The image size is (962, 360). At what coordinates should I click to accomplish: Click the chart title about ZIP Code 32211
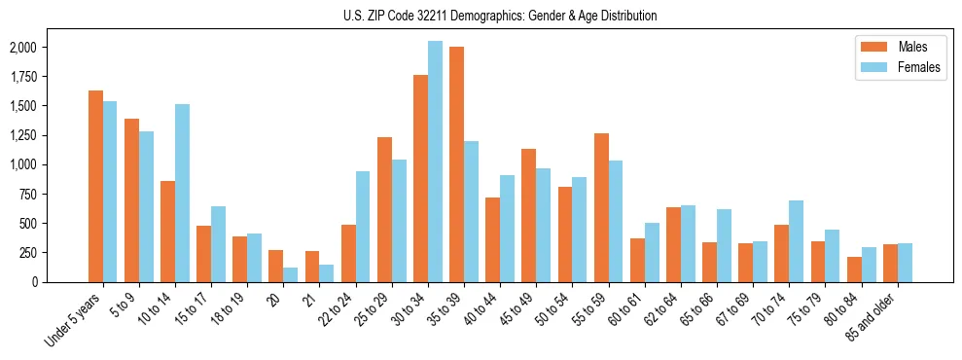[500, 16]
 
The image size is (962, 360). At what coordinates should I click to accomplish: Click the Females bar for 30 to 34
[435, 162]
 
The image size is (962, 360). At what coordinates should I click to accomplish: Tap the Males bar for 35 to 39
[456, 164]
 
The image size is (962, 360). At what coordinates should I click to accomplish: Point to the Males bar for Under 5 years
[95, 186]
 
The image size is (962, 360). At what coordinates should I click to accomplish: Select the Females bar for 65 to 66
[724, 245]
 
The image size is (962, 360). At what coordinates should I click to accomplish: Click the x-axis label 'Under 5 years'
[74, 320]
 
